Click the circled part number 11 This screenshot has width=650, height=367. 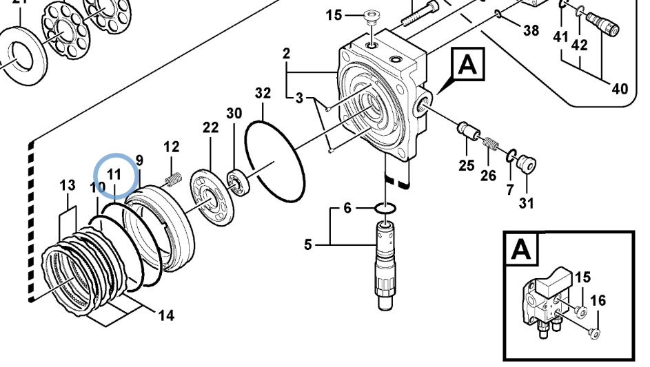tap(114, 174)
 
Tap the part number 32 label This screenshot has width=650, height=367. tap(263, 93)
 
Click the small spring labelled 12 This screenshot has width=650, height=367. tap(172, 179)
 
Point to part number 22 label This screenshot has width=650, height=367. tap(210, 127)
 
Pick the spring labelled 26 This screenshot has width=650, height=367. tap(491, 145)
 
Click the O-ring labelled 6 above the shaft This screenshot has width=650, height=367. tap(385, 207)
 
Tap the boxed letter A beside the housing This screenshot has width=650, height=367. tap(467, 65)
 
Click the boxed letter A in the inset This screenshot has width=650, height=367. tap(520, 250)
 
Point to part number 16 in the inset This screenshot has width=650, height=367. tap(598, 300)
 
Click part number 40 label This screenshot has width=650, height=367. tap(620, 88)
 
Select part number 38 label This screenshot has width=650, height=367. tap(531, 30)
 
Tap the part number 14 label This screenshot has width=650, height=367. tap(165, 315)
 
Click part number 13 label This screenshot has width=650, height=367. tap(67, 185)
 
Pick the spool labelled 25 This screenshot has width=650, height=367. tap(466, 130)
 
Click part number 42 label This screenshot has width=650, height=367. tap(580, 46)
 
